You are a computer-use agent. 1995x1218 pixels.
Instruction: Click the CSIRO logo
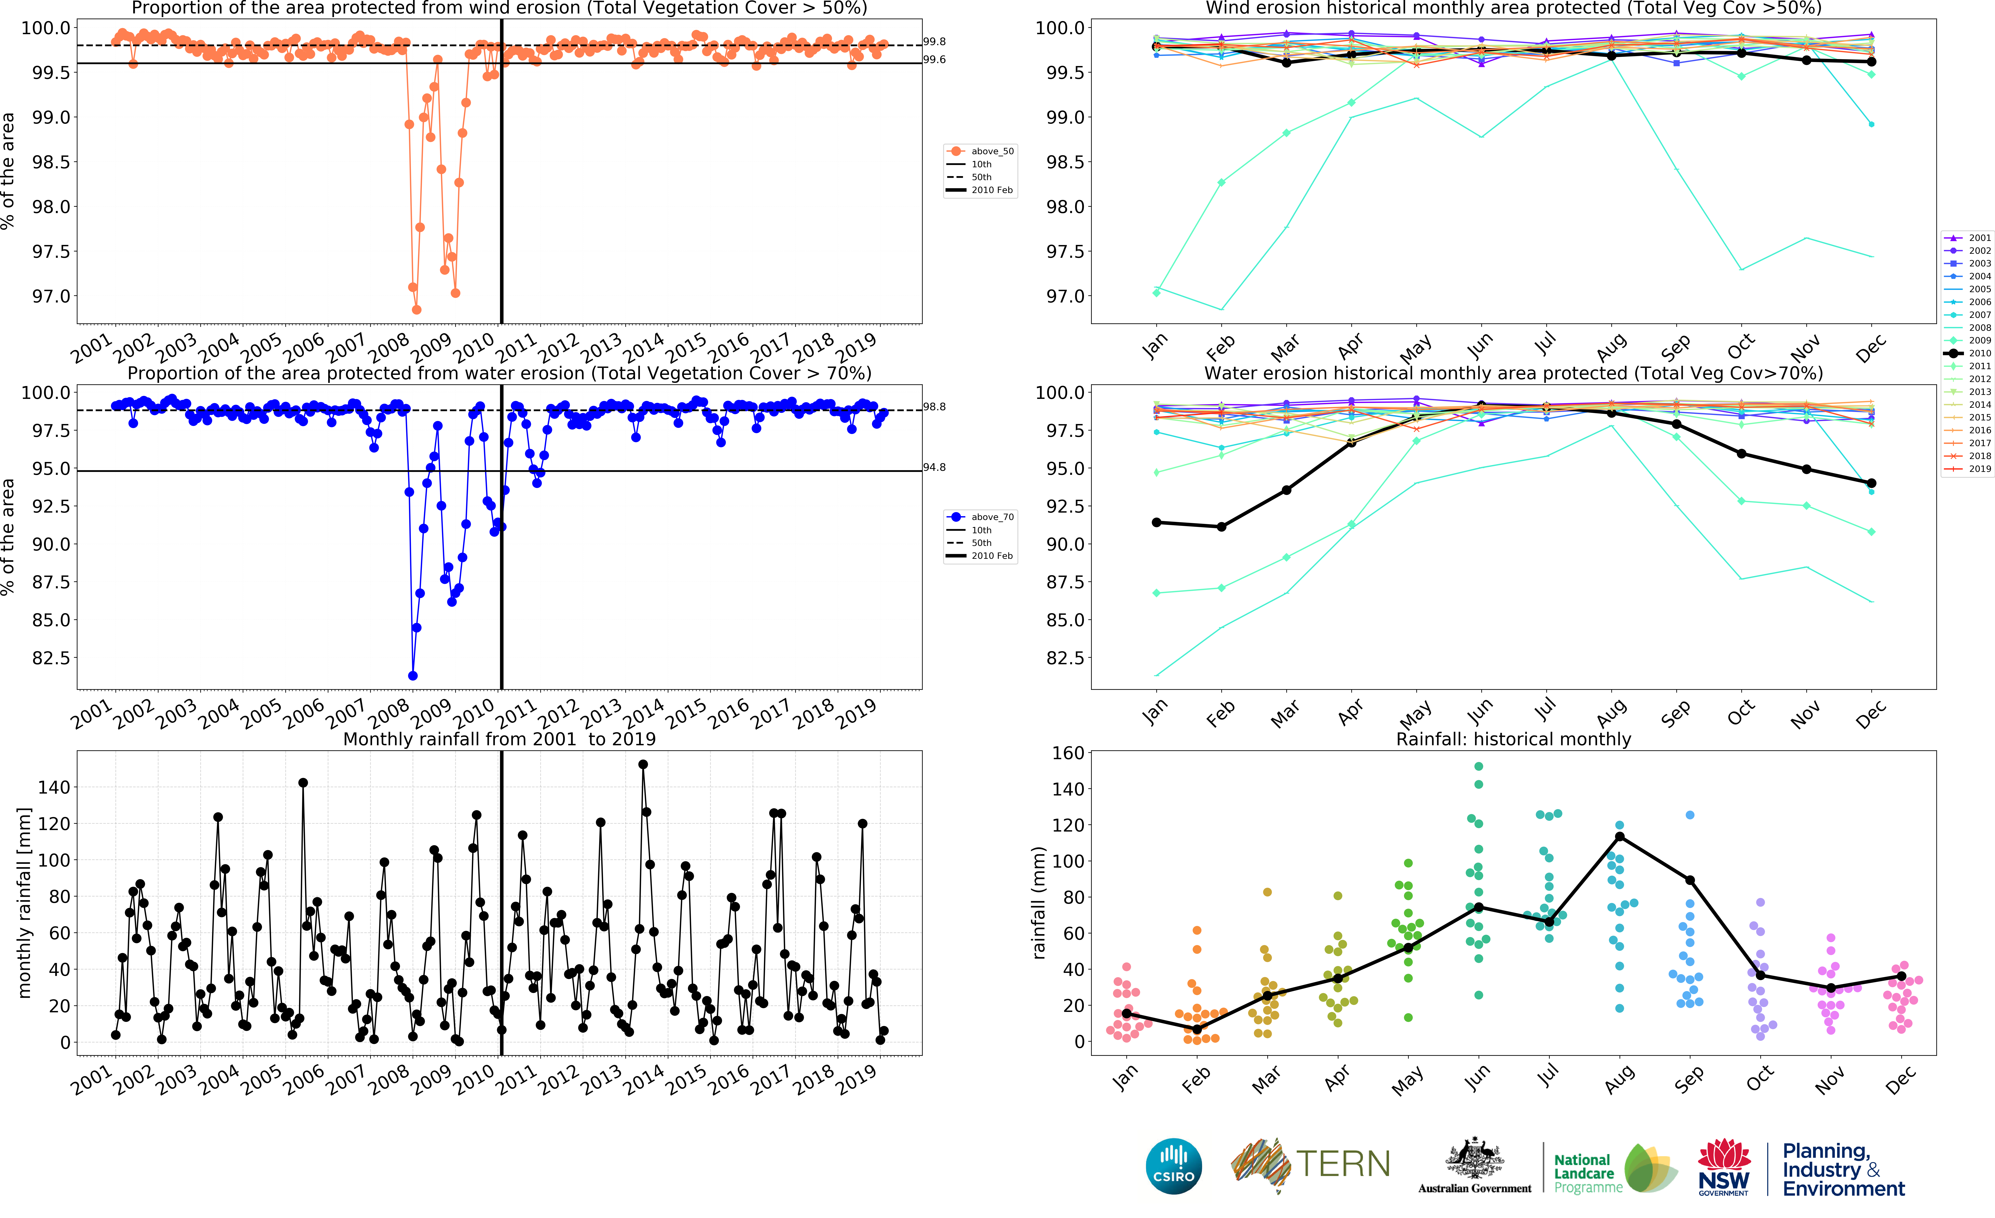coord(1173,1166)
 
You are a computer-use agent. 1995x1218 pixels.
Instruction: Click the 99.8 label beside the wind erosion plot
coord(934,41)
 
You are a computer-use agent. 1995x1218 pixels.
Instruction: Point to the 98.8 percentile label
coord(934,407)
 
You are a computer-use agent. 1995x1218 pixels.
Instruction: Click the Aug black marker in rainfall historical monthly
coord(1619,837)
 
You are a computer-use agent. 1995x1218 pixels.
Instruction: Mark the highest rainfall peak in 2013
coord(643,764)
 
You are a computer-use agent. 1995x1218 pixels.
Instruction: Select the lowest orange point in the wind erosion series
coord(416,310)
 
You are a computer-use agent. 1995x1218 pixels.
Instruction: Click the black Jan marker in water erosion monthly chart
coord(1156,523)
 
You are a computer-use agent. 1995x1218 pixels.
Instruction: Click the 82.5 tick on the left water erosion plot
coord(51,658)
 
